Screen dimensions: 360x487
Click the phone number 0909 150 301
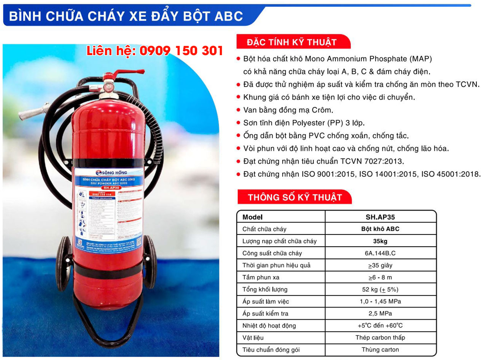point(181,51)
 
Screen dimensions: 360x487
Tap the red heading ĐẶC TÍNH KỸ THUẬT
point(292,42)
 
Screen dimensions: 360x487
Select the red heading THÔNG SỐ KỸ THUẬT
point(294,197)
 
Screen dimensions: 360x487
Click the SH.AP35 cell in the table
point(380,217)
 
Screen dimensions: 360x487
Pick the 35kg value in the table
point(380,241)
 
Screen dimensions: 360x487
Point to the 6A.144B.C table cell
point(380,253)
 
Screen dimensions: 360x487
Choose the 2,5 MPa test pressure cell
point(380,314)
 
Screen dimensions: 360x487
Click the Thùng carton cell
point(380,349)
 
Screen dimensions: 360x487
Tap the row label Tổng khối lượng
point(265,289)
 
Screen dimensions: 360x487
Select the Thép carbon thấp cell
point(380,338)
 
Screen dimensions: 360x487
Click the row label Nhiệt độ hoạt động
point(269,325)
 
